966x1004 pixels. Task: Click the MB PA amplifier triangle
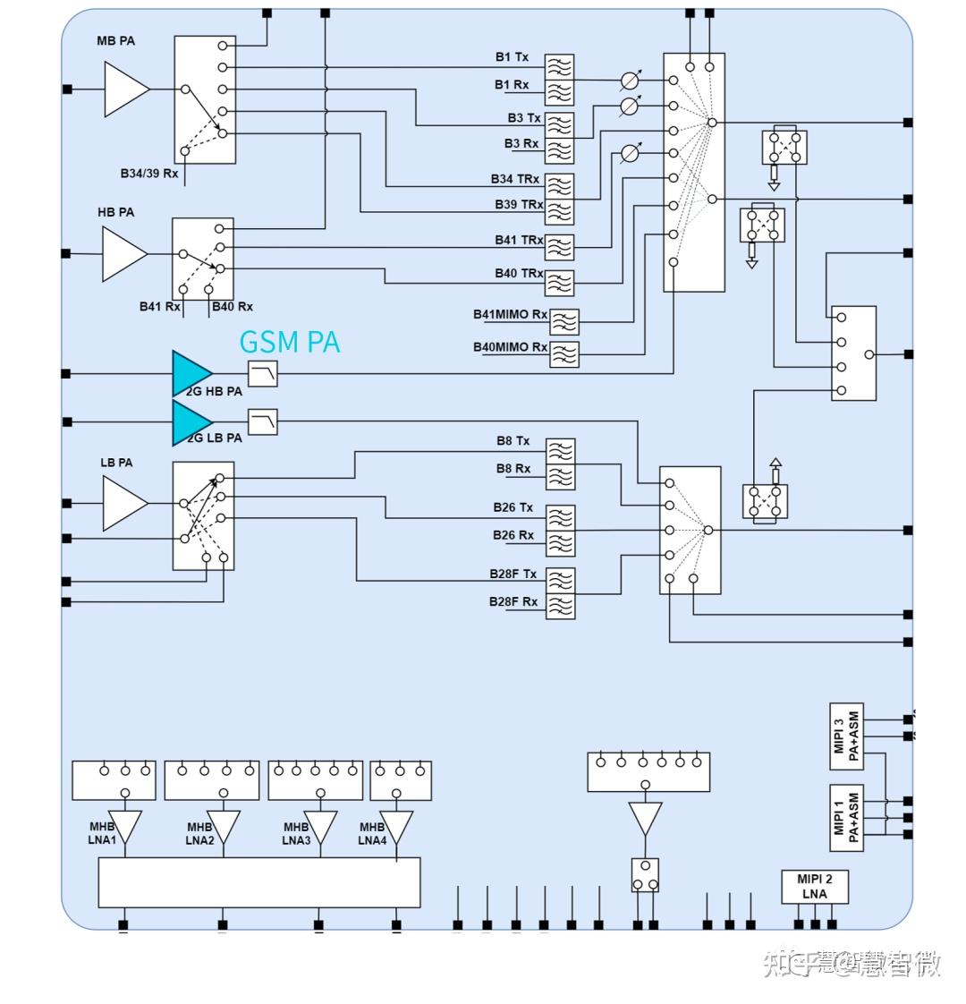tap(124, 89)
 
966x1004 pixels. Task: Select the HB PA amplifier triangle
tap(123, 253)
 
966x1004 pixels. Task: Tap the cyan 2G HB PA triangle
tap(190, 374)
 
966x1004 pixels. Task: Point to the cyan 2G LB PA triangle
tap(190, 422)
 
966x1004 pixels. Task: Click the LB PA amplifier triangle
tap(123, 504)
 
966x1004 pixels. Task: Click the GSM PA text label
tap(289, 342)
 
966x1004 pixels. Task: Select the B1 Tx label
tap(512, 57)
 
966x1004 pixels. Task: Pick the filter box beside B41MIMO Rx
tap(564, 321)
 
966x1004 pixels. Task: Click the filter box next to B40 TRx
tap(559, 283)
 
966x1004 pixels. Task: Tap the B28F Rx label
tap(513, 601)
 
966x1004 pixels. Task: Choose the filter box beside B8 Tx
tap(560, 451)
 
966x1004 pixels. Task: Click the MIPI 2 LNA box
tap(814, 886)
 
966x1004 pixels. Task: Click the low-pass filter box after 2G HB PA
tap(262, 374)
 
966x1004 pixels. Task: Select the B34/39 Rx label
tap(149, 173)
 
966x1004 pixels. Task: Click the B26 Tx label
tap(513, 507)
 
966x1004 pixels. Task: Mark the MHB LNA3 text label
tap(295, 833)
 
